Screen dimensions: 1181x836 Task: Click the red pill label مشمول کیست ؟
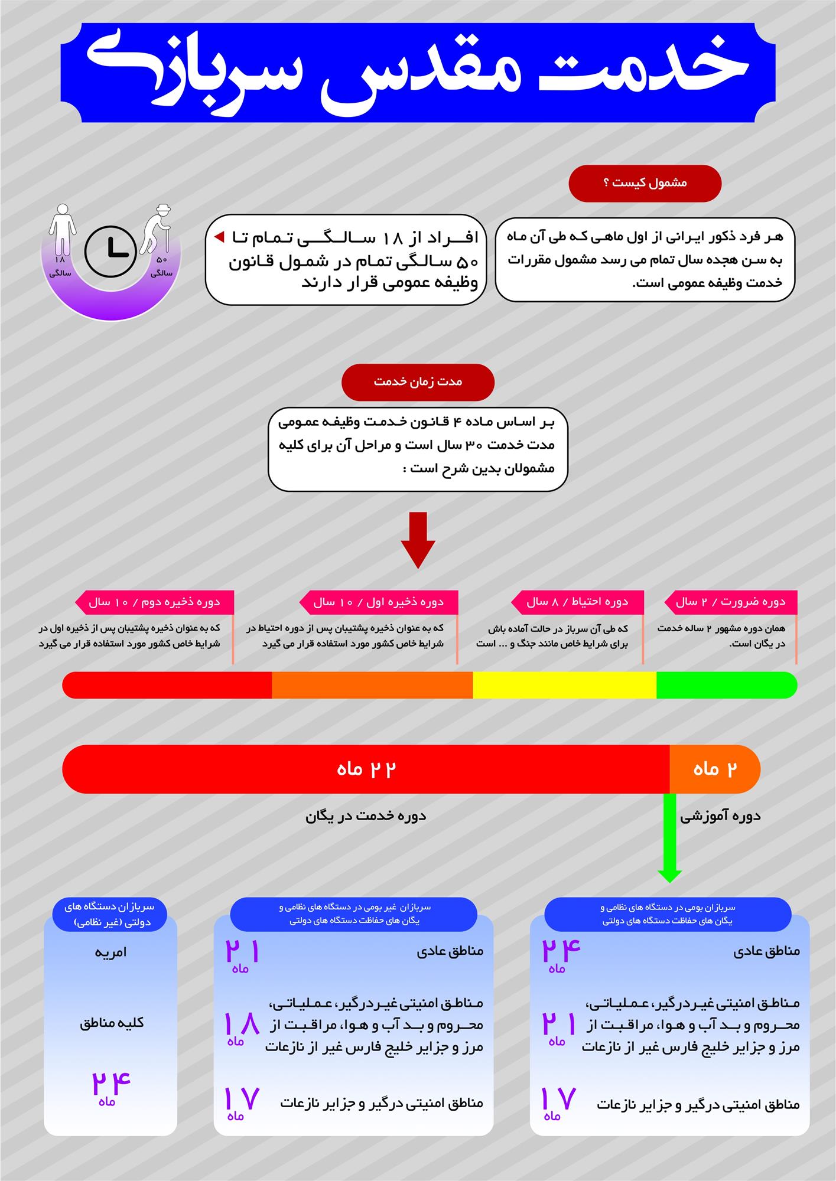point(645,183)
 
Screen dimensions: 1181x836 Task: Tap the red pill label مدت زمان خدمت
point(418,381)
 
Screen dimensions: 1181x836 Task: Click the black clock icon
point(110,251)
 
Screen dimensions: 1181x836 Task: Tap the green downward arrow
point(669,839)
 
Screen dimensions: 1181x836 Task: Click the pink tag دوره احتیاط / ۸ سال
point(577,602)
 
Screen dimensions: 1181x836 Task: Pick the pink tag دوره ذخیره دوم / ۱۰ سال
point(154,602)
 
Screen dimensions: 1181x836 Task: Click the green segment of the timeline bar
point(726,685)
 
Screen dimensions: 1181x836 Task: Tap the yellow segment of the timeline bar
point(564,685)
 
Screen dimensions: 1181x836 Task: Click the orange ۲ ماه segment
point(714,769)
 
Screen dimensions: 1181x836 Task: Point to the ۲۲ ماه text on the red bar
point(366,769)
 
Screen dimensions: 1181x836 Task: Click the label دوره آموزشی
point(720,816)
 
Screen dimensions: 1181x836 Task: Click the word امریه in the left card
point(110,952)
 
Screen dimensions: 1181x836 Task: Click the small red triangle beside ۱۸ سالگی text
point(219,237)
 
